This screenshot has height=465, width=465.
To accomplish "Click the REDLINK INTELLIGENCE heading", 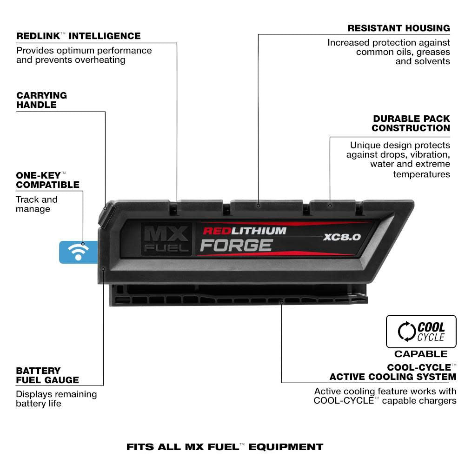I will pos(78,36).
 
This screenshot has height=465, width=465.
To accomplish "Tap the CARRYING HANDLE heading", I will pos(42,100).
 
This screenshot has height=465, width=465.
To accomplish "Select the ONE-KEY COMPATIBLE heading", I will pos(47,180).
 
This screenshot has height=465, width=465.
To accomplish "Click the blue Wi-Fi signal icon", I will pos(78,252).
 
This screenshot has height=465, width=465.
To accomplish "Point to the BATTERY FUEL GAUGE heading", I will pos(47,375).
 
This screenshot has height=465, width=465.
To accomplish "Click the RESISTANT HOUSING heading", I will pos(399,28).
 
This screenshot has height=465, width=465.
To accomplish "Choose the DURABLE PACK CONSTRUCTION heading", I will pos(411,123).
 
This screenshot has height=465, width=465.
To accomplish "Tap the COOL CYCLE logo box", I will pos(421,332).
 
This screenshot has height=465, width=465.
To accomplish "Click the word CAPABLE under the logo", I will pos(421,354).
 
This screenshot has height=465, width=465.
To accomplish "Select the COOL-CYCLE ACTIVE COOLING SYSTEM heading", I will pos(393,372).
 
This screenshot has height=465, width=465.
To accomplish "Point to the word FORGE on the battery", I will pos(236,245).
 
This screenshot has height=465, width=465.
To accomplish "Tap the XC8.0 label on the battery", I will pos(342,237).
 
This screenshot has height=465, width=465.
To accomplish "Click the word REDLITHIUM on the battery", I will pos(245,231).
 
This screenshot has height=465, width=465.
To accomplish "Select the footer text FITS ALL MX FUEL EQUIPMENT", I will pos(225,447).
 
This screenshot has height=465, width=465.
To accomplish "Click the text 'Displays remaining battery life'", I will pos(56,399).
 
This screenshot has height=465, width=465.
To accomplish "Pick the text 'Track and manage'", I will pos(37,204).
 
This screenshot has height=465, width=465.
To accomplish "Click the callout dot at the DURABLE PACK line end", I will pos(330,205).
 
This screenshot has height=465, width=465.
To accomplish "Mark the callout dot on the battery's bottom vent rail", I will pos(281,302).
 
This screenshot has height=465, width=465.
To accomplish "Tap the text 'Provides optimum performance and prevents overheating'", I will pos(84,55).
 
